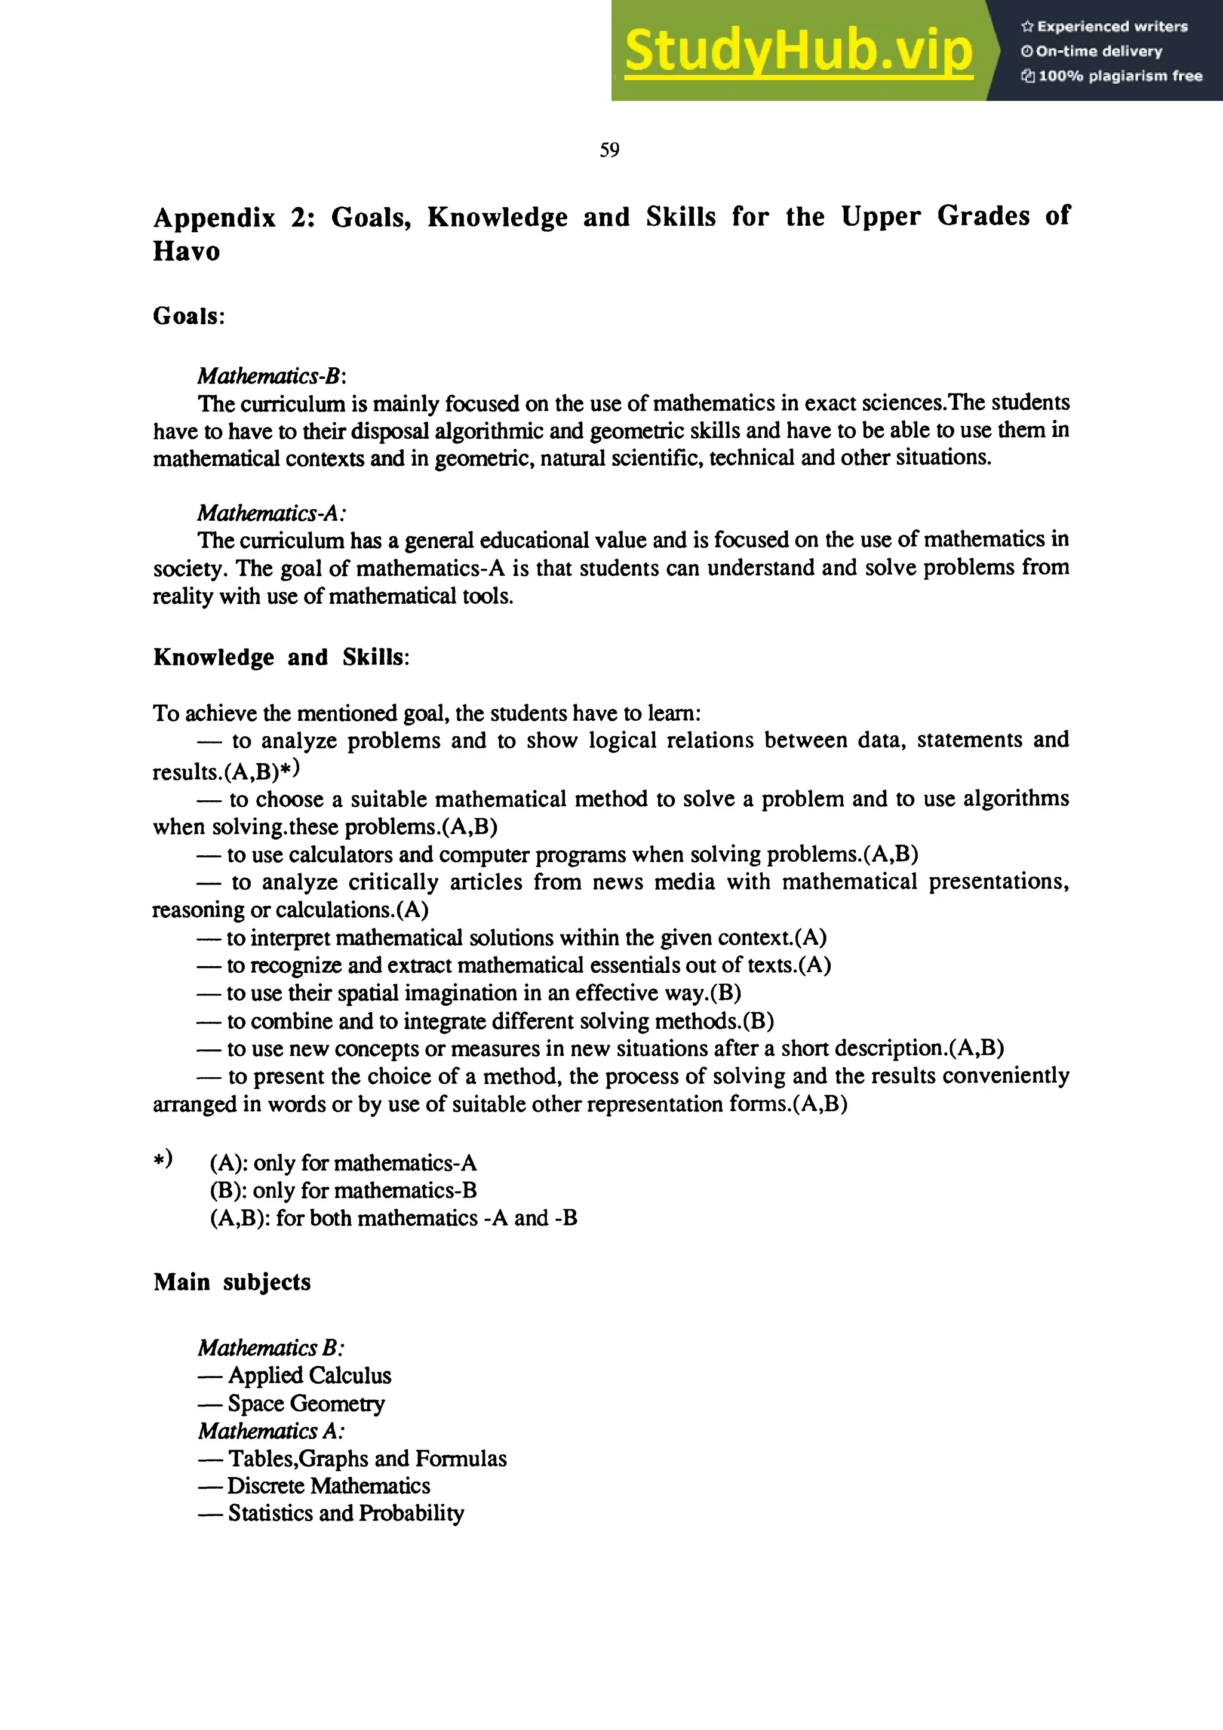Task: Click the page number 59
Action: point(610,150)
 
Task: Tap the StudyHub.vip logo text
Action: point(798,51)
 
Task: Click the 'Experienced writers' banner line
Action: point(1105,26)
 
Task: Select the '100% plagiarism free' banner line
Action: point(1113,76)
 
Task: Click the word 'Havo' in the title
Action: point(186,251)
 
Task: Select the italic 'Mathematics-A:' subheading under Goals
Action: point(271,513)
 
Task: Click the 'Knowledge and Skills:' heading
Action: point(281,657)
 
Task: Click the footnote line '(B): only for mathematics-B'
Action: point(343,1191)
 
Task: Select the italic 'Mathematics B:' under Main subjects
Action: point(271,1347)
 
